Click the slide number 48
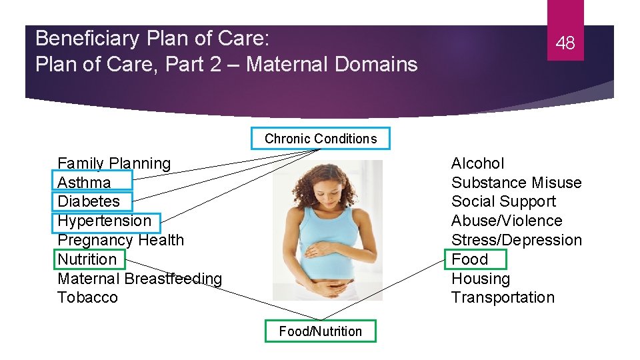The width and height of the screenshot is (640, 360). coord(565,44)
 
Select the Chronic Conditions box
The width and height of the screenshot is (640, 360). coord(321,139)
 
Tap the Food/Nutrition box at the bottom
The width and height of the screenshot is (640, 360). coord(321,331)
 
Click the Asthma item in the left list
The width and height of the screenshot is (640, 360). coord(85,183)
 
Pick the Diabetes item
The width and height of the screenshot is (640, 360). coord(89,201)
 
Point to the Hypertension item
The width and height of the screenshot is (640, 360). coord(105,221)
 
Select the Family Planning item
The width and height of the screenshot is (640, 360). coord(114,163)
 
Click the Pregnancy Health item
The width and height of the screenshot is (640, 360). coord(121,240)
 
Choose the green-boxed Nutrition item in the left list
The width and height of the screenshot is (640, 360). coord(87,259)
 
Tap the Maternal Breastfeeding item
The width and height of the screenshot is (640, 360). coord(139,279)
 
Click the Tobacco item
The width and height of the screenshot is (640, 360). coord(87,297)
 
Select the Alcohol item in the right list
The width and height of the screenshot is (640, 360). coord(477,163)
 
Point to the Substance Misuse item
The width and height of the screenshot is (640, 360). coord(516,183)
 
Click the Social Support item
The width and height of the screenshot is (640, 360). coord(503,201)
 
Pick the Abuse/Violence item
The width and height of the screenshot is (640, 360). coord(507,221)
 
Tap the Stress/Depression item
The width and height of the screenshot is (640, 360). coord(516,240)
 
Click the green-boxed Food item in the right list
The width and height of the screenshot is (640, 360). coord(470,259)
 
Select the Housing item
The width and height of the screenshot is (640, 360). coord(480,279)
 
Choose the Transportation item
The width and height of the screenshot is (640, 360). coord(503,297)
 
